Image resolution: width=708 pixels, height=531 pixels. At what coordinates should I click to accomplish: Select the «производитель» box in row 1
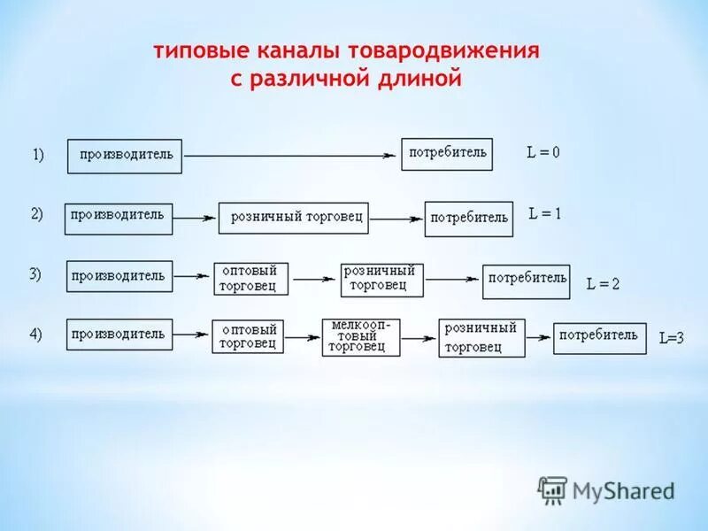[125, 156]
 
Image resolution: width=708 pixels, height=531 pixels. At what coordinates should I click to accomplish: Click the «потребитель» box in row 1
[447, 154]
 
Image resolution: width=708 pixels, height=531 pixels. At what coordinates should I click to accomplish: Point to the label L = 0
[543, 152]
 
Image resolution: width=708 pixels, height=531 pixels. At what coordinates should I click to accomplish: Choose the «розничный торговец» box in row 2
[293, 217]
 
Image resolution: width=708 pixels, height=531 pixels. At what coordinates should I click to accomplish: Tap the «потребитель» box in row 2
[469, 219]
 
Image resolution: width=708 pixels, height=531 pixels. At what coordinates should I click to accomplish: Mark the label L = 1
[545, 213]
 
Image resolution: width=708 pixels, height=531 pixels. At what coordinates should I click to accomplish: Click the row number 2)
[37, 213]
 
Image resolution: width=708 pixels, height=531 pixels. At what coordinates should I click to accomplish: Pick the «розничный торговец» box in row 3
[382, 279]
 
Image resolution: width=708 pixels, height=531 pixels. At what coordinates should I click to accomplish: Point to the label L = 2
[603, 284]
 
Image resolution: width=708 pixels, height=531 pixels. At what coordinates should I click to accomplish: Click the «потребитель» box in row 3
[527, 281]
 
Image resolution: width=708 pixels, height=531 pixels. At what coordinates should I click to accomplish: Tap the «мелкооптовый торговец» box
[361, 337]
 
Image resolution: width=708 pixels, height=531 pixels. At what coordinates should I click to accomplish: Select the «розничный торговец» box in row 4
[481, 338]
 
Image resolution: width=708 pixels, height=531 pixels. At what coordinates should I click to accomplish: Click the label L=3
[672, 337]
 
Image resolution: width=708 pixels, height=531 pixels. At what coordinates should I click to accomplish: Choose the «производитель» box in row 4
[119, 335]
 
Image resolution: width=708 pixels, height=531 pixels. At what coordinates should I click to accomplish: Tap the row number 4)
[36, 334]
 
